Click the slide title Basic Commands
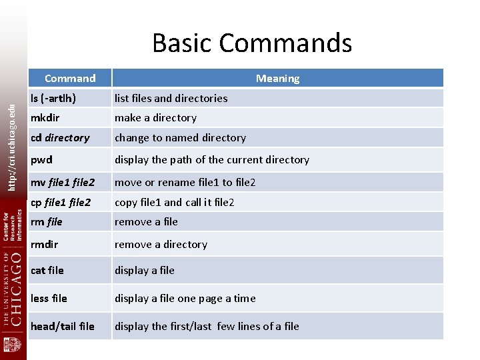tap(252, 43)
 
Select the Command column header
tap(70, 79)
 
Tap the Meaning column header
tap(277, 79)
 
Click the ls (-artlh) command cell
tap(53, 98)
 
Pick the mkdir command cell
tap(45, 118)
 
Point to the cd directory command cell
tap(60, 138)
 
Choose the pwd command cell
tap(41, 160)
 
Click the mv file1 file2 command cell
tap(63, 182)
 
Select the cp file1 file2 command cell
tap(62, 202)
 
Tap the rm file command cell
tap(47, 222)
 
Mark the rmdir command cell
tap(45, 245)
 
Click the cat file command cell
tap(47, 271)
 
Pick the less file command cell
tap(49, 299)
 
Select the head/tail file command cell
tap(63, 327)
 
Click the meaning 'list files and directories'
tap(171, 98)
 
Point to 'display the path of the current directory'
tap(212, 160)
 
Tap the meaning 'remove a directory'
tap(161, 245)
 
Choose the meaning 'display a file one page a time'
tap(185, 299)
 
